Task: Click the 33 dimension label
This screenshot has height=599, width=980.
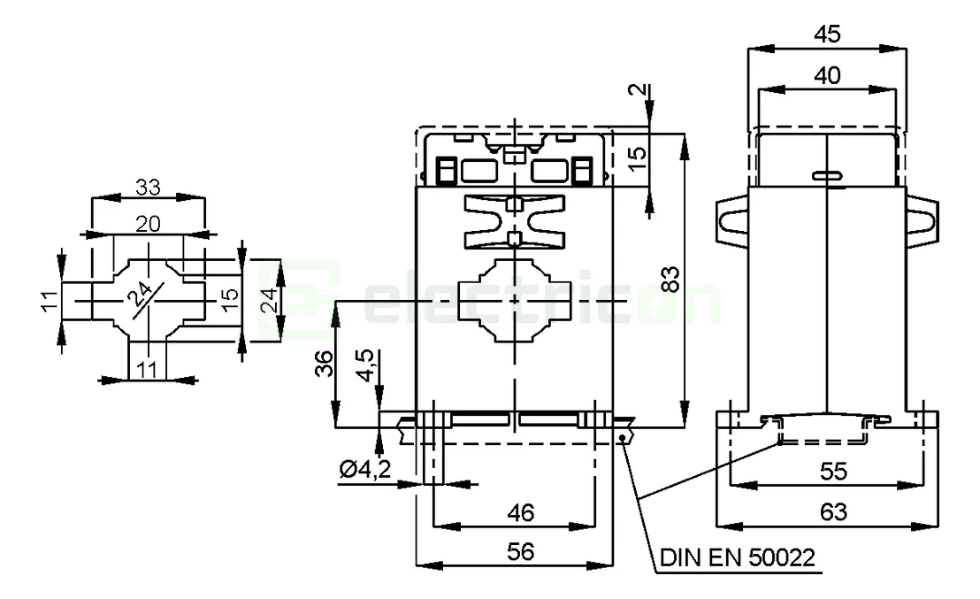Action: point(148,188)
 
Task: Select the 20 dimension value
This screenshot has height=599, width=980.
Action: point(148,224)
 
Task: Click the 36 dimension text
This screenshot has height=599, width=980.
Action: point(325,363)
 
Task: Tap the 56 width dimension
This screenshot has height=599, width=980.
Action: point(520,552)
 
